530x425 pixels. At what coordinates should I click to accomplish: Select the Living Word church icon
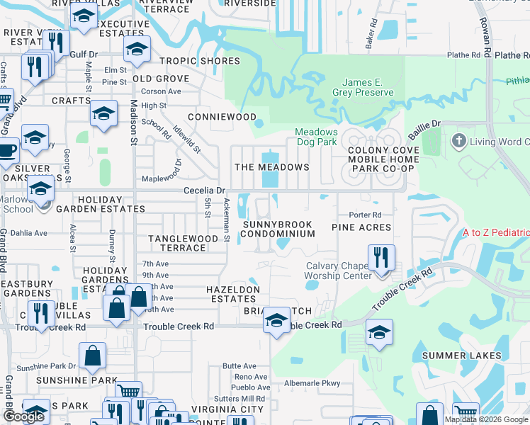(458, 142)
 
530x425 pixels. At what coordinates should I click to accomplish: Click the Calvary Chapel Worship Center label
(338, 271)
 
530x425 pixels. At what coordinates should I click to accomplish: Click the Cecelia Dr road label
(204, 191)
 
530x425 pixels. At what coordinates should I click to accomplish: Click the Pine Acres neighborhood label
(361, 227)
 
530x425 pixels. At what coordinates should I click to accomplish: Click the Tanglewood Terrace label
(184, 243)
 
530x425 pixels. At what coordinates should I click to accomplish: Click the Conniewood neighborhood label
(222, 117)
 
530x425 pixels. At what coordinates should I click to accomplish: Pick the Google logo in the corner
(23, 417)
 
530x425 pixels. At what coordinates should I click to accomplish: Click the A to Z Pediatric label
(496, 233)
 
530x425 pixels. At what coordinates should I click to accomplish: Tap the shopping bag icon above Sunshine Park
(93, 357)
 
